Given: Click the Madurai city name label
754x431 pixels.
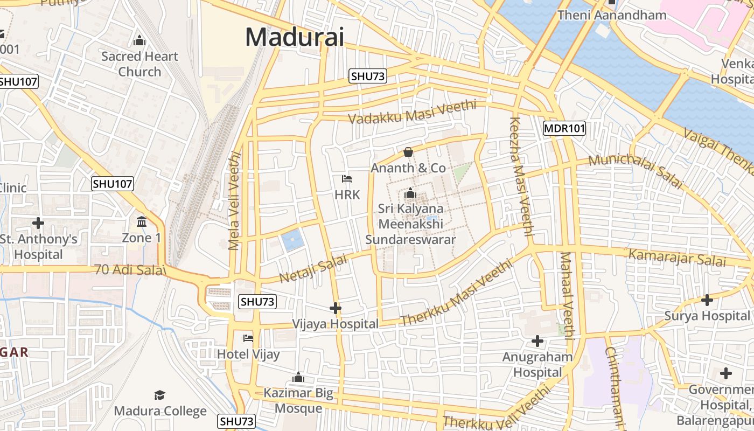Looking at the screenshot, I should (x=294, y=37).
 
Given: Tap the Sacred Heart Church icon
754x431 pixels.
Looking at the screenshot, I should (x=139, y=40).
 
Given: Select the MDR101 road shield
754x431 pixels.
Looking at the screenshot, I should (x=564, y=128).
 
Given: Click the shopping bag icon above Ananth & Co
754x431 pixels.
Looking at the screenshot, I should (x=408, y=152).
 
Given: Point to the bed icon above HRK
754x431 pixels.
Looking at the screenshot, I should (x=347, y=178).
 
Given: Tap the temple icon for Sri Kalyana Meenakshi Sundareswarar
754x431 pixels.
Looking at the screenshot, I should (x=410, y=192).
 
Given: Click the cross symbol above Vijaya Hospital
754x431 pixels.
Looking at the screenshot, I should (x=336, y=308).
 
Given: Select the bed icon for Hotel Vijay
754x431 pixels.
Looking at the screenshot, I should (x=248, y=338).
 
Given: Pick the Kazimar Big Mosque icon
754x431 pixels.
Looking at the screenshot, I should (x=298, y=377).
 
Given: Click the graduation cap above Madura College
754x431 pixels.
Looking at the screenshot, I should (x=159, y=395).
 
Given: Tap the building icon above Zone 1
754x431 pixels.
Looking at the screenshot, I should (x=142, y=221).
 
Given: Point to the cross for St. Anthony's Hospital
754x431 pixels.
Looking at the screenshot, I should (x=38, y=223).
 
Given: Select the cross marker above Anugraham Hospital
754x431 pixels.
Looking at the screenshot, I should (x=537, y=341).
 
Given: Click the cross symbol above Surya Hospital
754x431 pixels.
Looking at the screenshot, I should (x=707, y=300).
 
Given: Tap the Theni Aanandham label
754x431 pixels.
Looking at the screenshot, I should (x=612, y=15).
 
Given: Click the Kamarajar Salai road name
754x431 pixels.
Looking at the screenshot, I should (x=678, y=258).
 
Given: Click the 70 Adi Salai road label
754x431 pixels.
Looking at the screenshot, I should (x=129, y=269).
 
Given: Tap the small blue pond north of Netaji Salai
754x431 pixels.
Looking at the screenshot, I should (x=292, y=240).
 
